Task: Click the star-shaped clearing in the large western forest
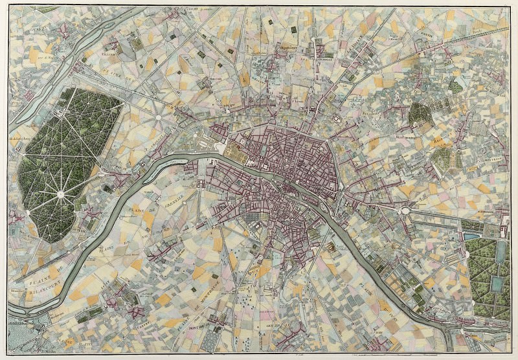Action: point(60,194)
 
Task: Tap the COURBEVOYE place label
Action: point(26,30)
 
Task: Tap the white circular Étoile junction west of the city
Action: point(158,118)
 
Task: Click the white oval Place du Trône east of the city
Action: point(406,210)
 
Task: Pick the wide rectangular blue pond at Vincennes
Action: point(473,237)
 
